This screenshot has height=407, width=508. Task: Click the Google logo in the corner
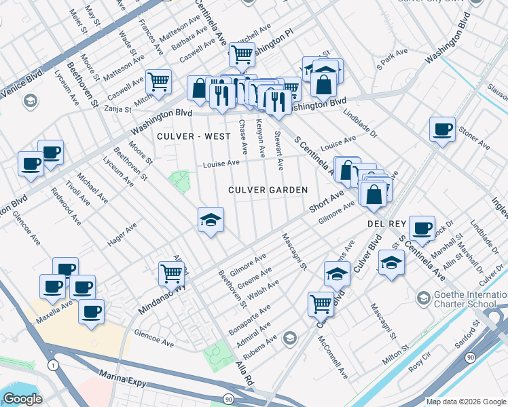point(22,399)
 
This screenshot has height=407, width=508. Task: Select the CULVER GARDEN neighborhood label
point(268,190)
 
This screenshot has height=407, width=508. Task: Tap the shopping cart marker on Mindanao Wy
point(172,273)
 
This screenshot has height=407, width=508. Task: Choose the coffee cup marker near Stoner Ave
point(442,129)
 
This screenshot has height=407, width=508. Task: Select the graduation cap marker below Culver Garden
point(211,219)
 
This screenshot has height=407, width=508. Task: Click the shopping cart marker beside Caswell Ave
point(158,81)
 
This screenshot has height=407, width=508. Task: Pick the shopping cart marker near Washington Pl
point(241,54)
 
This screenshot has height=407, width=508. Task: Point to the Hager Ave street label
point(122,235)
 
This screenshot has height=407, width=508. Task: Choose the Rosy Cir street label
point(419,365)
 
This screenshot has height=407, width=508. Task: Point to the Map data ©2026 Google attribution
point(465,402)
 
